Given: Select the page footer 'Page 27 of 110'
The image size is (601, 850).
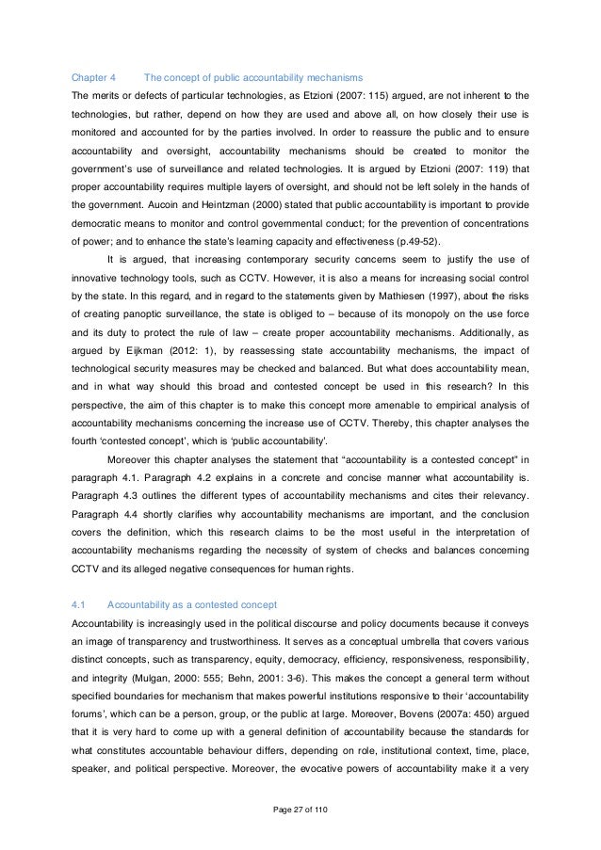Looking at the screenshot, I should [300, 808].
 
